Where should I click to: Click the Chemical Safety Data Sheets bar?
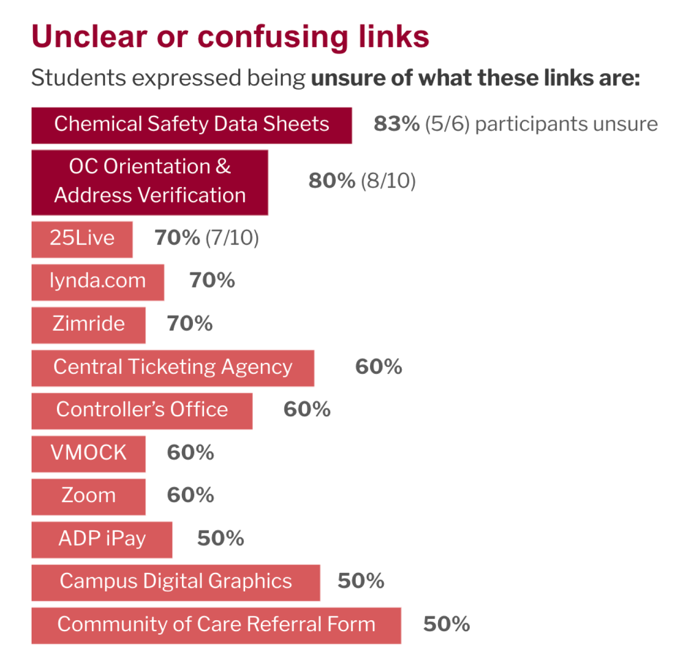[192, 125]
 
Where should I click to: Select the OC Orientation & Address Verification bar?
[149, 182]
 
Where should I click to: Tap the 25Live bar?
[82, 239]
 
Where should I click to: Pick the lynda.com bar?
[98, 282]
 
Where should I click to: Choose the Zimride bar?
[88, 325]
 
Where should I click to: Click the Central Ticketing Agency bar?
[172, 368]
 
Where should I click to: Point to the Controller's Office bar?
[142, 411]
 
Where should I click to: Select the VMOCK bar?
[88, 454]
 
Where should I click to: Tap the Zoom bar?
[88, 496]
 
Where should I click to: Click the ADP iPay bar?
[101, 539]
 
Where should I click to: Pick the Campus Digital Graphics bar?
[175, 582]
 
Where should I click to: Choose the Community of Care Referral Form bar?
[216, 626]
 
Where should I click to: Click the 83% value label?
[396, 124]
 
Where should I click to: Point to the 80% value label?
[331, 181]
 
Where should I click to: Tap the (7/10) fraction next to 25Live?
[232, 238]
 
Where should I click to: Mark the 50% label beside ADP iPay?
[220, 538]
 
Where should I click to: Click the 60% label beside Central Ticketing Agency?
[378, 367]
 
